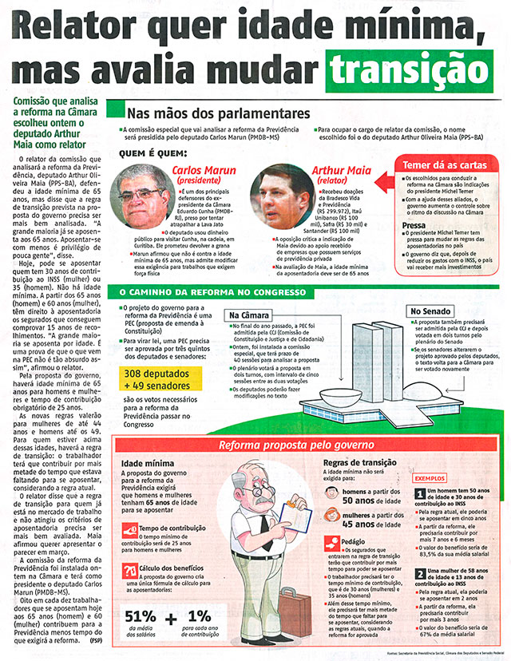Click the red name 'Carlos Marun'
[x=204, y=171]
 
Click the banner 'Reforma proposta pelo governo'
[x=296, y=444]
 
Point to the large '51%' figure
[x=140, y=615]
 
